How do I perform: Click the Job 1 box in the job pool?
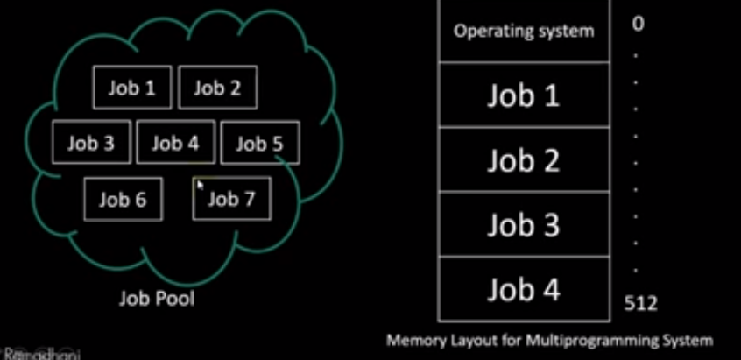(132, 88)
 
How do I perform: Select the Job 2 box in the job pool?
(217, 88)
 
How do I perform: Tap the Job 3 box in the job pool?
(90, 143)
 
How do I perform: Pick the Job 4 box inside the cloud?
(175, 143)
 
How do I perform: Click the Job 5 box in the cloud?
(259, 143)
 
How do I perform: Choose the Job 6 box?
(123, 199)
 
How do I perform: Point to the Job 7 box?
(231, 199)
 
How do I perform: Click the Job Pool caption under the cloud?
(157, 298)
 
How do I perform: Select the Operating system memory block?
(523, 31)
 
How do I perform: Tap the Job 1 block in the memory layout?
(523, 95)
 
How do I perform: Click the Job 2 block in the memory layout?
(523, 160)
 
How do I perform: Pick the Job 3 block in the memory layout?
(523, 225)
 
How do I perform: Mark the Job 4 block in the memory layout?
(523, 290)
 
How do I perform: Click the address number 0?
(638, 24)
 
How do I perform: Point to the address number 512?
(640, 303)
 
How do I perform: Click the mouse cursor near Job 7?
(201, 185)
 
